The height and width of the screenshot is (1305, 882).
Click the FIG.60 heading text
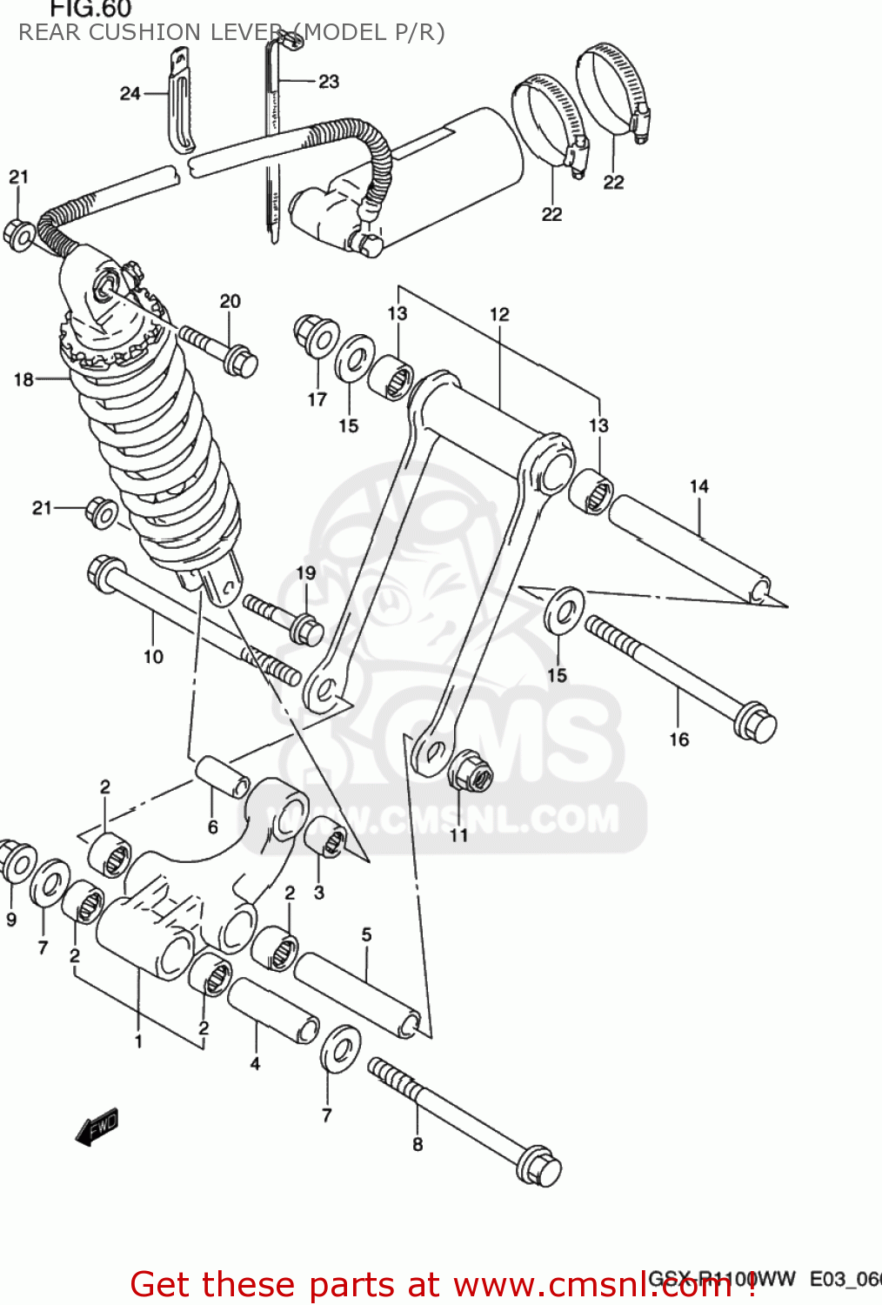click(x=90, y=10)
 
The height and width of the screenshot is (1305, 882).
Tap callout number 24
click(x=130, y=93)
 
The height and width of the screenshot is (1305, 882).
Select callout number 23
click(x=329, y=82)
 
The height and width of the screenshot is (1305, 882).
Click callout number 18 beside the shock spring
click(x=23, y=379)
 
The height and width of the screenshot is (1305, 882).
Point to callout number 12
click(x=499, y=314)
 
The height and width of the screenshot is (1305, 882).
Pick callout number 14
click(x=699, y=486)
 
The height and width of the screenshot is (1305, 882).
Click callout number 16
click(x=679, y=739)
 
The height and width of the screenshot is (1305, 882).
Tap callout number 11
click(x=458, y=835)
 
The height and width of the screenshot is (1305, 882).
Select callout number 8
click(x=418, y=1145)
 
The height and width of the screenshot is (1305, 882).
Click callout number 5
click(x=366, y=934)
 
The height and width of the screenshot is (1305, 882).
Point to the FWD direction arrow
click(x=97, y=1128)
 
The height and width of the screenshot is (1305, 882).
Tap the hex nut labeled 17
click(x=316, y=336)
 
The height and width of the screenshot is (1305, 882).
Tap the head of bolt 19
click(x=307, y=629)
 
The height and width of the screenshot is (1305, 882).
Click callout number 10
click(x=153, y=657)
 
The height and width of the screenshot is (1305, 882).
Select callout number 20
click(x=230, y=301)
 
